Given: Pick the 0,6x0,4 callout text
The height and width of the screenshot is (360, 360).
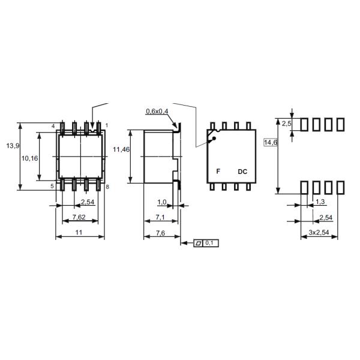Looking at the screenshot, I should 157,111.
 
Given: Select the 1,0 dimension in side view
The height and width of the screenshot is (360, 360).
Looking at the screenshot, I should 161,202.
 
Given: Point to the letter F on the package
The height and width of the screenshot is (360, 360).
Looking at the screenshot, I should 218,172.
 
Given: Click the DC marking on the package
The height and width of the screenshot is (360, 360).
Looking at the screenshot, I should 242,172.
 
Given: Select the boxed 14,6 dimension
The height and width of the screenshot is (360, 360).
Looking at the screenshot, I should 271,143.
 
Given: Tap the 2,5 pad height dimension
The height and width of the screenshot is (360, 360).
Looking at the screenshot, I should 286,123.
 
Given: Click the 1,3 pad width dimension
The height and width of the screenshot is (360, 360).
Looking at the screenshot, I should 320,202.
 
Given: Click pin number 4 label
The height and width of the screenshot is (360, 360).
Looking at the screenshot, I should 52,125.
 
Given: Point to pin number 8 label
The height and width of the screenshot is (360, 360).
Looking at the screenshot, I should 107,187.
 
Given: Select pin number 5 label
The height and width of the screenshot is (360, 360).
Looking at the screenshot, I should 52,187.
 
